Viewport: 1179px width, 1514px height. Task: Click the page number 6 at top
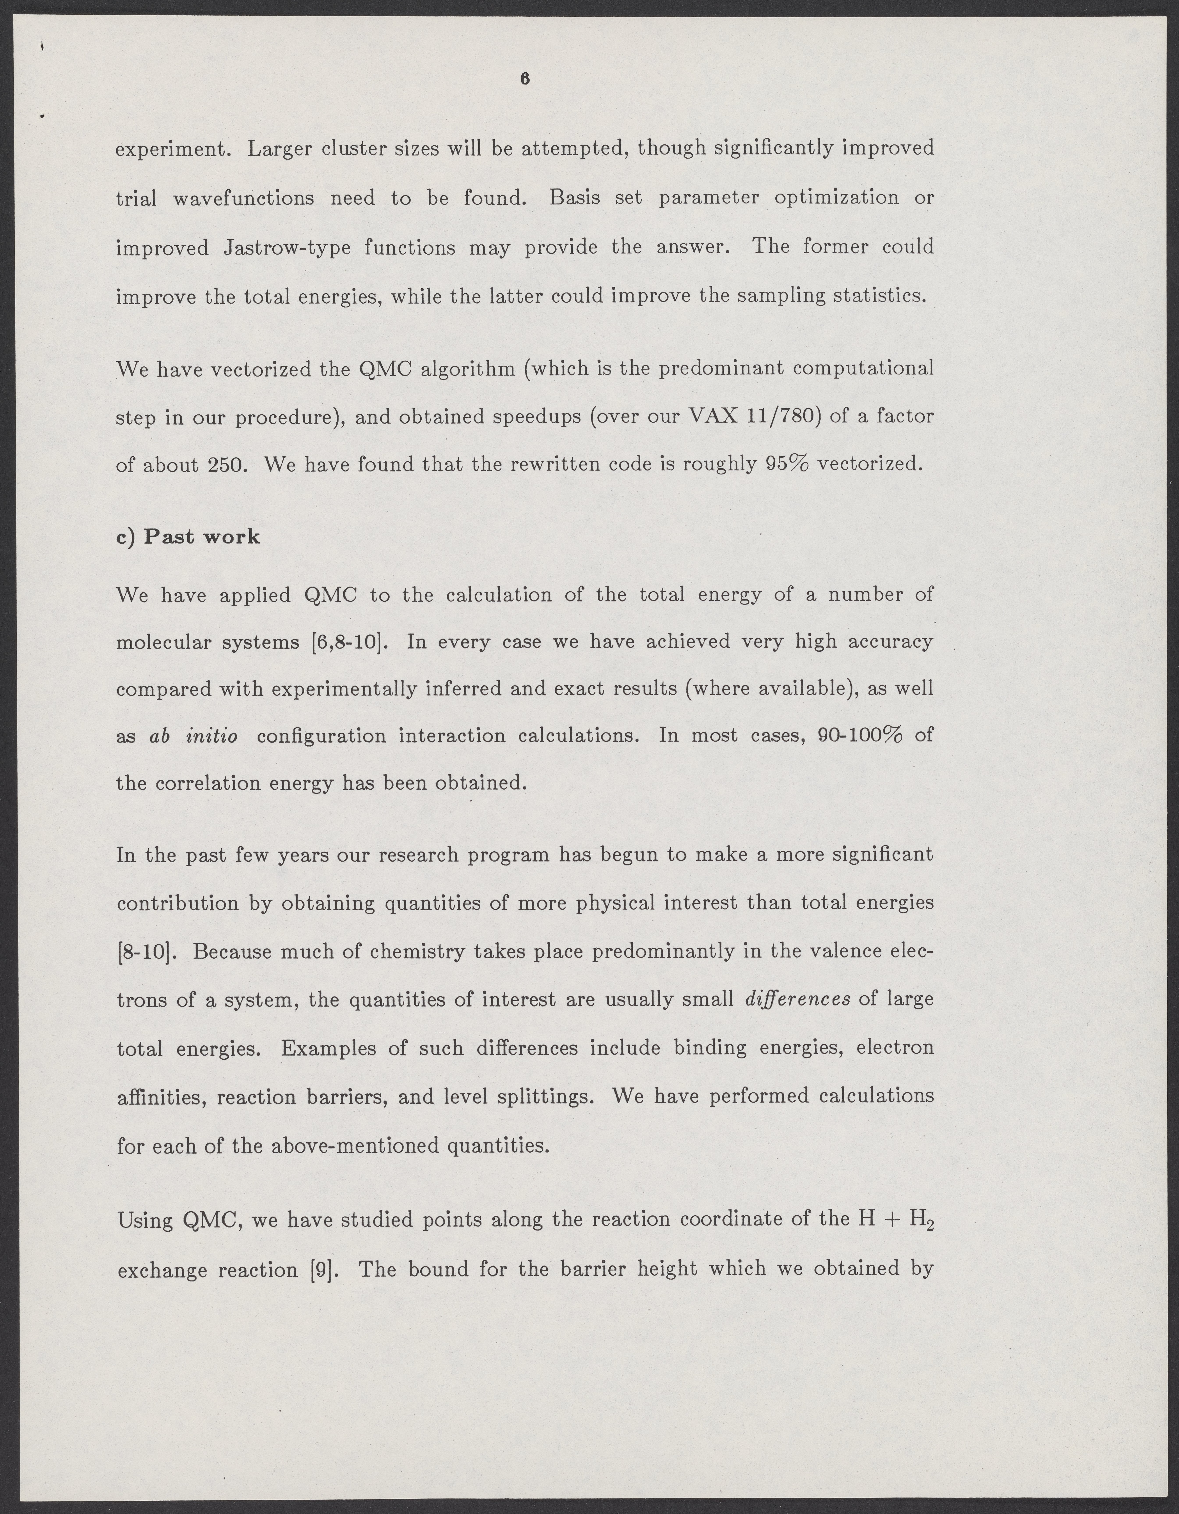coord(525,80)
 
